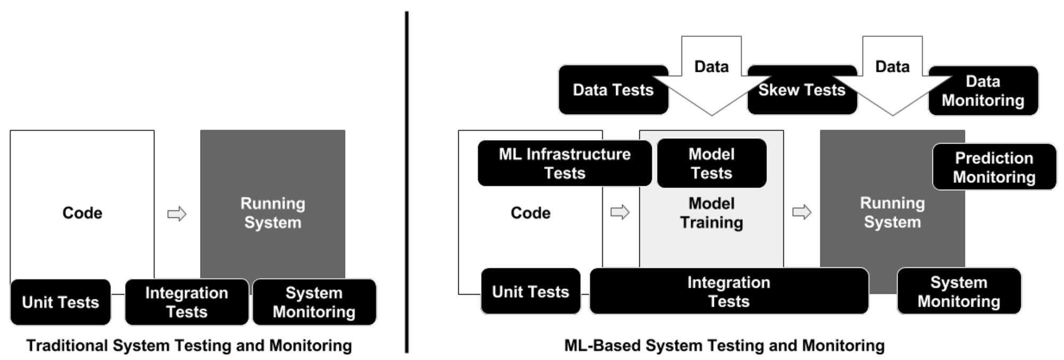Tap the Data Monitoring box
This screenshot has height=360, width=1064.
983,91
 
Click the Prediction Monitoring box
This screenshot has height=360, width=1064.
994,167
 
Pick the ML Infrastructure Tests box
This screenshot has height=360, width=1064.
564,163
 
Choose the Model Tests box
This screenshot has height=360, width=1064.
711,163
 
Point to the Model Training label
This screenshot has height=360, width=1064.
711,213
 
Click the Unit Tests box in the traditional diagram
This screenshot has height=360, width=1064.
61,302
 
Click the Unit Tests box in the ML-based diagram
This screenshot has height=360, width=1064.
530,291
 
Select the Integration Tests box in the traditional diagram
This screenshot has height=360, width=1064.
187,302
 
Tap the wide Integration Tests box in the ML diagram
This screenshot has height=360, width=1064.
728,291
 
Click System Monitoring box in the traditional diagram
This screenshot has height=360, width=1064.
314,302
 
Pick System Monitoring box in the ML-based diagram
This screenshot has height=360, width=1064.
959,291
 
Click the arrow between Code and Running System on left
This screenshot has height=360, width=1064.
177,214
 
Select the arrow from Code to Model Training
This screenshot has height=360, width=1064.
620,212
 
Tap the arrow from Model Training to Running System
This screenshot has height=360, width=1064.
802,212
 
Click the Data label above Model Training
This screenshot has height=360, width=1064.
711,67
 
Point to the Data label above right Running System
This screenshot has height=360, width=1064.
892,67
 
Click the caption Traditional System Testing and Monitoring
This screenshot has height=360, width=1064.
189,346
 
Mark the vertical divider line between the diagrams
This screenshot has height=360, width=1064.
407,181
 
